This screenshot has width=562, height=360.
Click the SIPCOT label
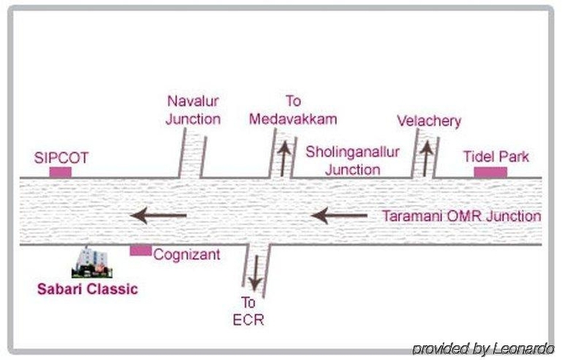pos(61,157)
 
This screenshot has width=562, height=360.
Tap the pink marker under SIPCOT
pos(60,172)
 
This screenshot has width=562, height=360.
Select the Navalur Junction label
pos(193,110)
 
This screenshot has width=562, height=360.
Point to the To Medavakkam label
pos(292,110)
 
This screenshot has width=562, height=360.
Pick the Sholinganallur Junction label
pos(343,159)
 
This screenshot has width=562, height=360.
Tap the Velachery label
pos(429,121)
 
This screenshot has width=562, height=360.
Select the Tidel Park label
pos(495,157)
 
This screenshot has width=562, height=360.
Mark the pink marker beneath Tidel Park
pos(490,172)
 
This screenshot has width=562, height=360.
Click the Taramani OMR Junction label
pos(461,216)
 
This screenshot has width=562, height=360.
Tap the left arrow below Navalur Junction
pos(159,214)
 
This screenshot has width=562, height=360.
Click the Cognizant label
pos(187,254)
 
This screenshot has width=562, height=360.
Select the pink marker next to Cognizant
pos(141,250)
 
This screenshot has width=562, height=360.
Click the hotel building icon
pos(92,263)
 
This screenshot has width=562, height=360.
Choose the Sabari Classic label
pos(88,289)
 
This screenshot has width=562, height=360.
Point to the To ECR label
pos(248,312)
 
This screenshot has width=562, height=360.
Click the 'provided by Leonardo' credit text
pos(483,349)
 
